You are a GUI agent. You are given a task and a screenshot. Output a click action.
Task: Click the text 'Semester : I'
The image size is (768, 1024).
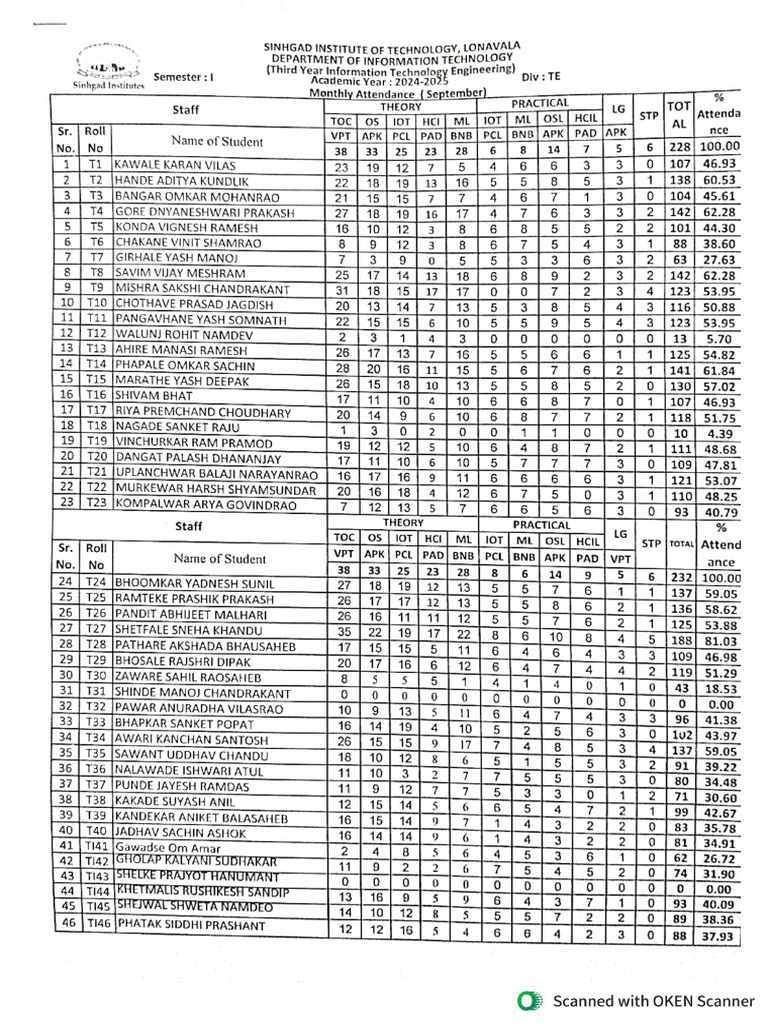coord(183,76)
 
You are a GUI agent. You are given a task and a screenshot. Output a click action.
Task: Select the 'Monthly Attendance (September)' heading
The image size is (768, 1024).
coord(397,93)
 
